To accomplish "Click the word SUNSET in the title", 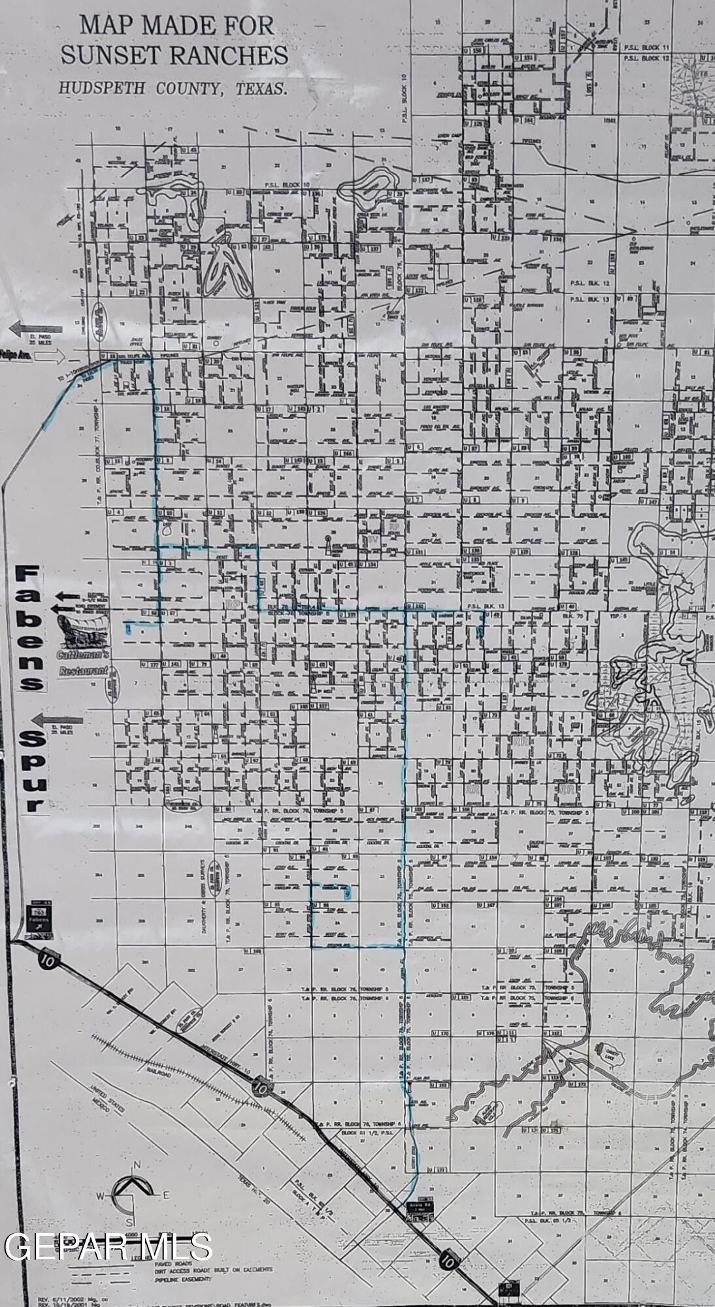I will [x=105, y=56].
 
